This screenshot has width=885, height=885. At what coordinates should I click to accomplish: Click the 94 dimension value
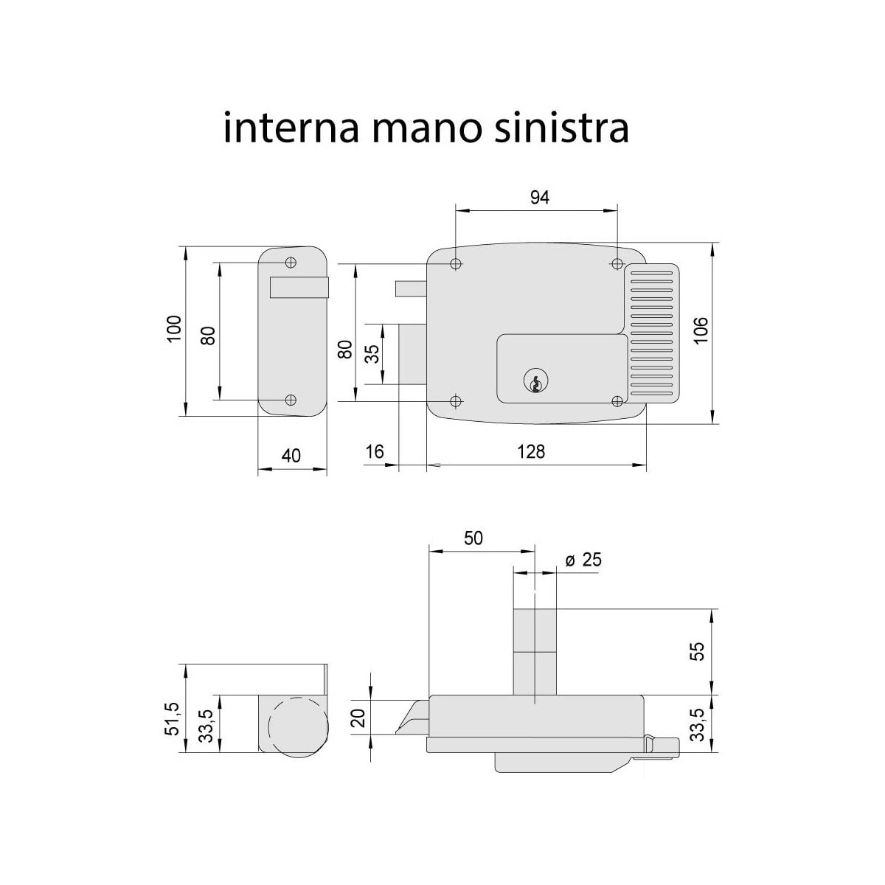[540, 197]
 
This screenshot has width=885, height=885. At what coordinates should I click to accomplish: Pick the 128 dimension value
[531, 451]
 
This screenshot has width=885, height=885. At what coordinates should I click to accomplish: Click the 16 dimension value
[375, 451]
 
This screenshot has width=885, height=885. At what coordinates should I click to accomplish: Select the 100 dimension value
[174, 330]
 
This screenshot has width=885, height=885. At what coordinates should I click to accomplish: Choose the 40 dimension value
[291, 455]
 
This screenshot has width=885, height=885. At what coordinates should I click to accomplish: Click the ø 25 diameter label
[583, 560]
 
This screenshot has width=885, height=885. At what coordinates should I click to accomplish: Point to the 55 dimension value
[698, 652]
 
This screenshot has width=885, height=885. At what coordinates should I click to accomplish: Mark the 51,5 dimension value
[173, 718]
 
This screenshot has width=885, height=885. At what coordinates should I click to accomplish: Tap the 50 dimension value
[473, 538]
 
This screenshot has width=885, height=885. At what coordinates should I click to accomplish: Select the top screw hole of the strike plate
[291, 262]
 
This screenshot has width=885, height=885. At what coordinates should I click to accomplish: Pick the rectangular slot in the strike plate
[299, 287]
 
